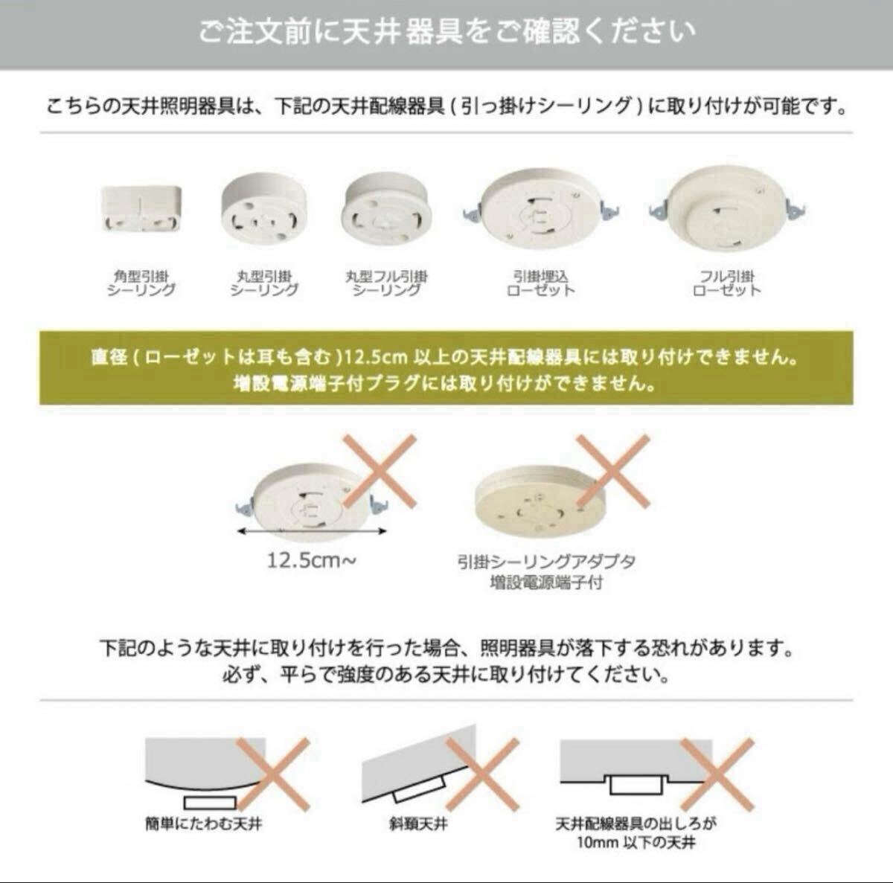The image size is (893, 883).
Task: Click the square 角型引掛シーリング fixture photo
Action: [141, 208]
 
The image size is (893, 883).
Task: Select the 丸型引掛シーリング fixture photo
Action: [263, 209]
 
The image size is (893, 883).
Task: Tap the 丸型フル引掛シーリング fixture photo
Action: [386, 209]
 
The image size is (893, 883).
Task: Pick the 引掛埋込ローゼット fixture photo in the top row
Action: [541, 209]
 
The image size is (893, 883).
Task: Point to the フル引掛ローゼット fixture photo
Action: [726, 208]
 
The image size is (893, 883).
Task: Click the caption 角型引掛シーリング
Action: [141, 283]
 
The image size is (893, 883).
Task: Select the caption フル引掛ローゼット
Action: [726, 283]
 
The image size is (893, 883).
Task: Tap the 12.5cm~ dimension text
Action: [311, 561]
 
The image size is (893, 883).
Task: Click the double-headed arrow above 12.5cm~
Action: [311, 531]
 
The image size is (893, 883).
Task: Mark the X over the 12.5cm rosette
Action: [380, 471]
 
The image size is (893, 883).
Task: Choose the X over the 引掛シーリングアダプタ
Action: [613, 471]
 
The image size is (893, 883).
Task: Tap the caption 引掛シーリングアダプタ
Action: [547, 562]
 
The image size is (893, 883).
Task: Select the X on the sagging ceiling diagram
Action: [273, 774]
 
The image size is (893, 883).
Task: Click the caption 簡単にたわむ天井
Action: [204, 824]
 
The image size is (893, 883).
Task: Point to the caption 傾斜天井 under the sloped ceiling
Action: [418, 824]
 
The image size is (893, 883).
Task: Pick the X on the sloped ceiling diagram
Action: [482, 774]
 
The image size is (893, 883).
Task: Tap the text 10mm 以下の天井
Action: [636, 843]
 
